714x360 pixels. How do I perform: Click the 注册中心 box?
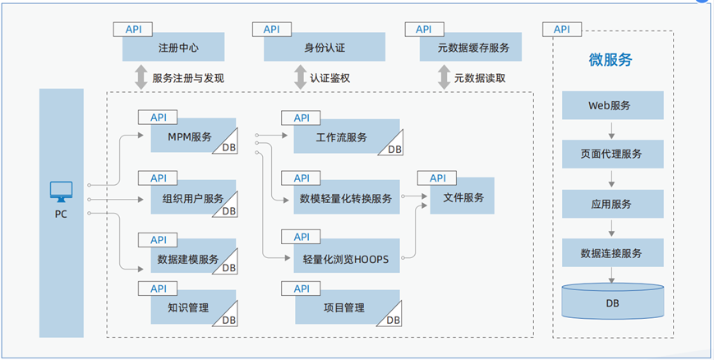(x=178, y=48)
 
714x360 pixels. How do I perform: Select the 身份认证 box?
(x=325, y=48)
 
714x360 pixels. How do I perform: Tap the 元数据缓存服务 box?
(x=464, y=48)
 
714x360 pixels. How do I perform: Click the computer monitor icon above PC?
(x=62, y=192)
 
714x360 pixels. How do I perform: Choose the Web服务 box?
(x=613, y=105)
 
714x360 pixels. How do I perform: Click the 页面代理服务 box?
(x=613, y=154)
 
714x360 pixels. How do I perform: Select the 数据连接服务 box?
(x=613, y=252)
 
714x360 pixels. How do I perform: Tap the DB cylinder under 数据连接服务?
(x=613, y=302)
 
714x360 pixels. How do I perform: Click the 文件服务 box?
(x=463, y=197)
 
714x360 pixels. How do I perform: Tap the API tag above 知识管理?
(x=159, y=288)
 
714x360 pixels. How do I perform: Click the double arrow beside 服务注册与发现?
(x=139, y=78)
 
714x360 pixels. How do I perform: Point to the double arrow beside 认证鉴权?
(x=298, y=78)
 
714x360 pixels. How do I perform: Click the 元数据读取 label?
(x=480, y=79)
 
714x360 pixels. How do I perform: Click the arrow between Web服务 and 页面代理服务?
(x=613, y=129)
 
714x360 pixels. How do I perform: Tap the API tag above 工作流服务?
(x=302, y=118)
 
